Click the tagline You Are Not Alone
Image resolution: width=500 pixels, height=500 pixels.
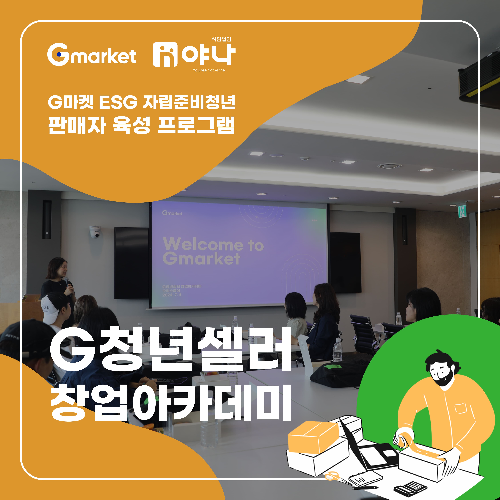click(209, 70)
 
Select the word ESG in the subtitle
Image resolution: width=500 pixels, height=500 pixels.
click(118, 102)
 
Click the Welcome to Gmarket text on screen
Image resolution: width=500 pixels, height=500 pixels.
click(213, 251)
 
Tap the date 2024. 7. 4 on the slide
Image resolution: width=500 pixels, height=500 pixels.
click(172, 295)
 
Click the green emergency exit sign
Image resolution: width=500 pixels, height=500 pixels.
click(462, 211)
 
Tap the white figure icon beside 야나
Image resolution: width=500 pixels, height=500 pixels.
click(165, 55)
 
